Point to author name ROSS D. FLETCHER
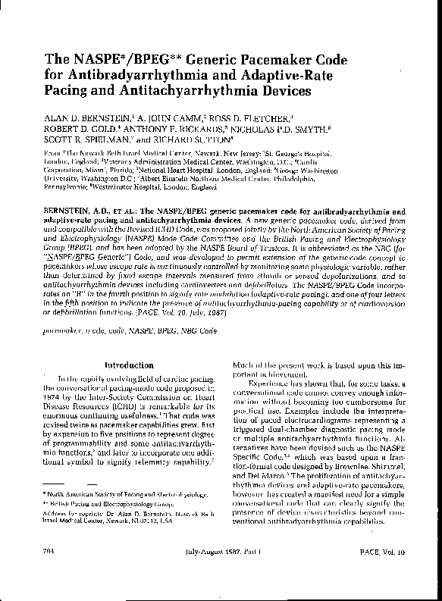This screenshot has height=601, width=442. [x=247, y=118]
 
